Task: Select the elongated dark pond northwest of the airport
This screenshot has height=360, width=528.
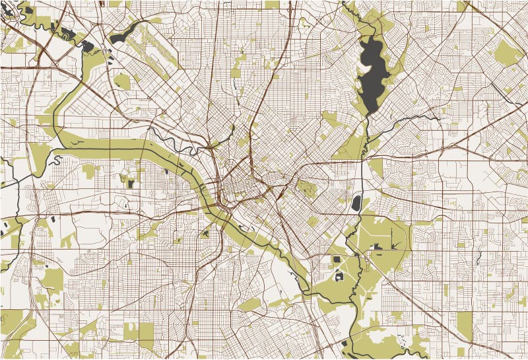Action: (124, 34)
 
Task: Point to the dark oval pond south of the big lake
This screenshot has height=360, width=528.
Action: (356, 203)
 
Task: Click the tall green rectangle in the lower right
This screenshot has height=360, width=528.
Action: (465, 323)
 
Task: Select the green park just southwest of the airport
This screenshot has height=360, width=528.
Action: (121, 81)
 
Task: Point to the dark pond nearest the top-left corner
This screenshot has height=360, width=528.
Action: (28, 10)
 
